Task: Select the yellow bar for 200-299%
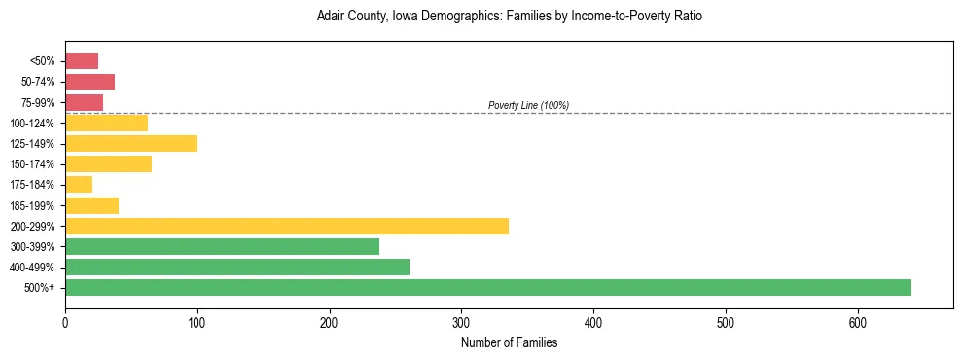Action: (x=287, y=226)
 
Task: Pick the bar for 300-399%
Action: (x=222, y=246)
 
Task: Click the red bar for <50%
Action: (x=82, y=61)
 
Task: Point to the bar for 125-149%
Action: (x=131, y=144)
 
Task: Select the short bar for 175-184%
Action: (x=79, y=185)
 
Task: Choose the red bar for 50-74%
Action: (x=89, y=82)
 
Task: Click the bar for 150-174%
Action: (x=108, y=164)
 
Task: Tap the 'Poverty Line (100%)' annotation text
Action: (x=528, y=105)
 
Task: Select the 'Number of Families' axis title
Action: (x=509, y=342)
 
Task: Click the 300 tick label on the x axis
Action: (x=462, y=322)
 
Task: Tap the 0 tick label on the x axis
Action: (x=65, y=322)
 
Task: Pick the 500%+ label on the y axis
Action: (x=41, y=288)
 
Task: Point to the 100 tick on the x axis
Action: (x=197, y=322)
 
